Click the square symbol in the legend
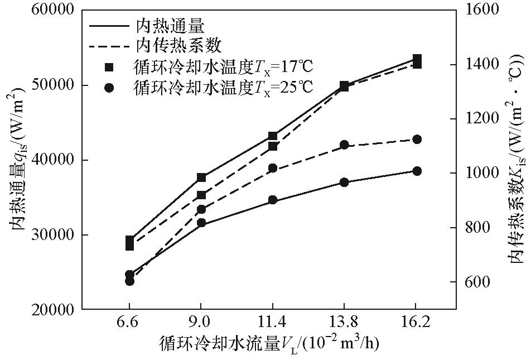pyautogui.click(x=109, y=67)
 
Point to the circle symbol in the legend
pyautogui.click(x=109, y=87)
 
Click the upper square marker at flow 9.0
pyautogui.click(x=201, y=177)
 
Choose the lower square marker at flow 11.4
pyautogui.click(x=273, y=146)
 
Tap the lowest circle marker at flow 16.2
pyautogui.click(x=416, y=171)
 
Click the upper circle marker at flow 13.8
pyautogui.click(x=344, y=145)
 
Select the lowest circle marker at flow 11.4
pyautogui.click(x=273, y=200)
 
